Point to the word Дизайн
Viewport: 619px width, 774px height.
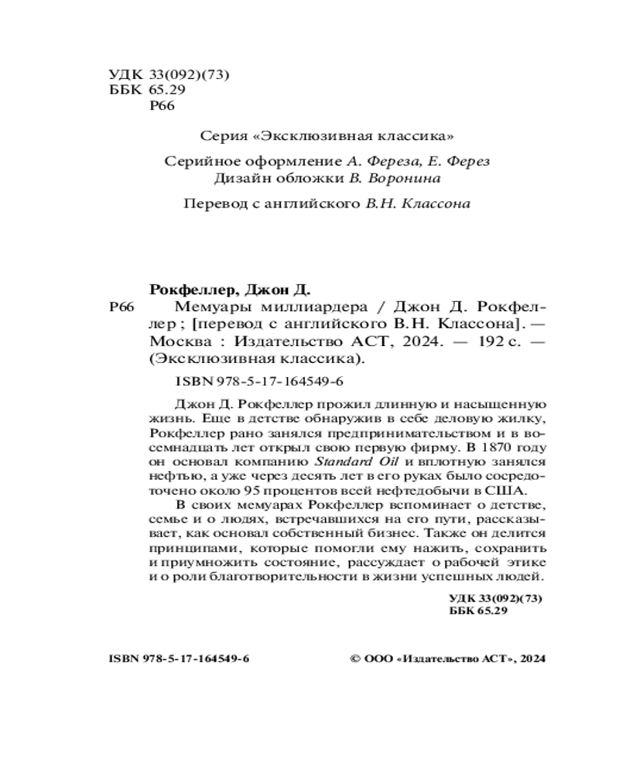click(244, 179)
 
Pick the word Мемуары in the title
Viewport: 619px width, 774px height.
click(199, 307)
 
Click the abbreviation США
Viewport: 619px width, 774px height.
click(509, 491)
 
